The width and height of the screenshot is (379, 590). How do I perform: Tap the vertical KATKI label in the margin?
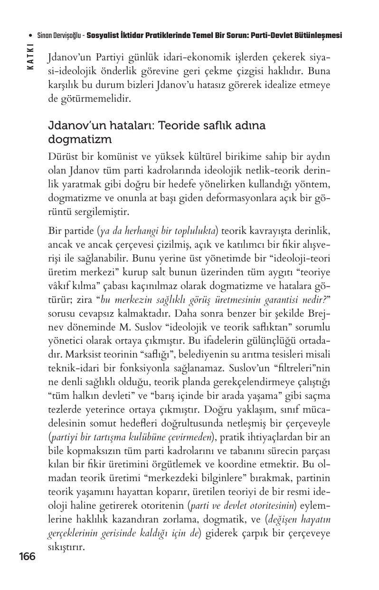coord(30,57)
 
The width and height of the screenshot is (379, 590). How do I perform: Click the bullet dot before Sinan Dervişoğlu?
coord(30,36)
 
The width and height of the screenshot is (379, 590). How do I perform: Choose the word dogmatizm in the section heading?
coord(80,140)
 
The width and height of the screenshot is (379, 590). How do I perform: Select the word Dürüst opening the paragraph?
coord(63,157)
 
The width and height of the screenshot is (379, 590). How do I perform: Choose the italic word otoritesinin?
coord(269,506)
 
